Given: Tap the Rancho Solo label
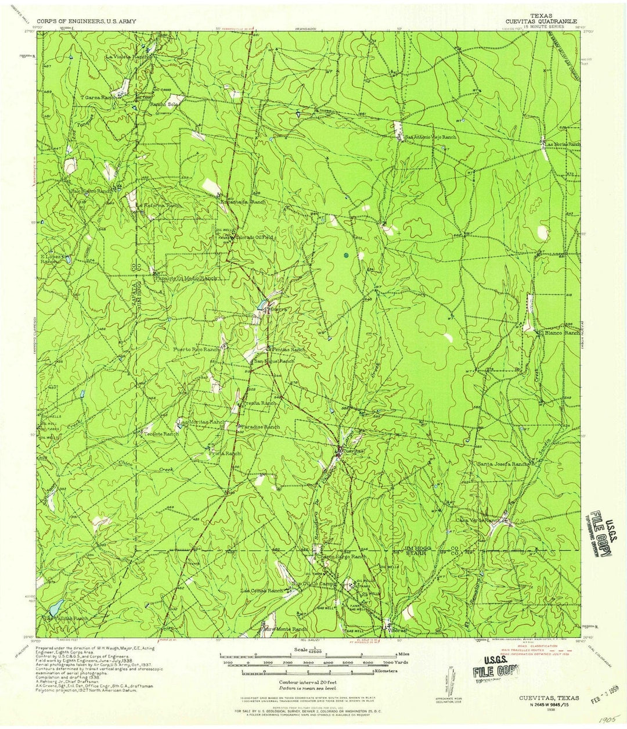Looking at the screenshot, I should (x=164, y=104).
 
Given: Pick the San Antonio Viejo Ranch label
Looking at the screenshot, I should (x=431, y=137).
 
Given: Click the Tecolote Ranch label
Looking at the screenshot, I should (x=162, y=434).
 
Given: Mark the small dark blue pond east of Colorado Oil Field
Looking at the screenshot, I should (x=346, y=254).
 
